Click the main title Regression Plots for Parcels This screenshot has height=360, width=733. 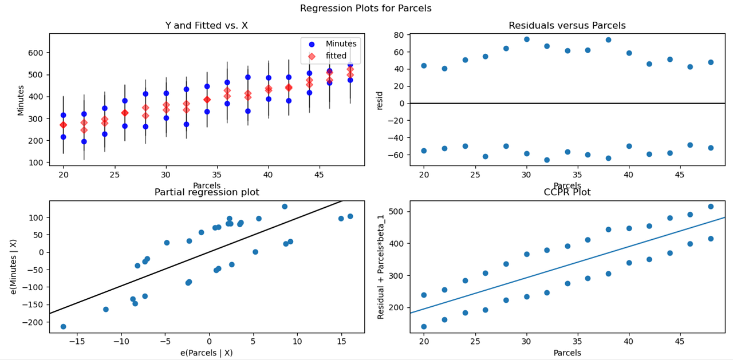365,9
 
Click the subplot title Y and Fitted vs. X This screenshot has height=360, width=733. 206,25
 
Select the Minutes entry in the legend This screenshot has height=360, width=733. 341,44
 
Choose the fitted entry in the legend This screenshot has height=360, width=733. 344,56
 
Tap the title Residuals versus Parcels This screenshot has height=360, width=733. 567,25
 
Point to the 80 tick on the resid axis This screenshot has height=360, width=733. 399,34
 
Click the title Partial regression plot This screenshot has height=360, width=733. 207,192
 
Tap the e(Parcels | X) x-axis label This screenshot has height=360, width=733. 206,353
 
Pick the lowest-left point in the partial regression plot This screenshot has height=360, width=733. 63,326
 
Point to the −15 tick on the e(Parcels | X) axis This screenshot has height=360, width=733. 77,342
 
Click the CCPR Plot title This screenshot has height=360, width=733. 567,192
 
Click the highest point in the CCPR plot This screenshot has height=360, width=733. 711,207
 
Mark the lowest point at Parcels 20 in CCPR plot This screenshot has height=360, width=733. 424,327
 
